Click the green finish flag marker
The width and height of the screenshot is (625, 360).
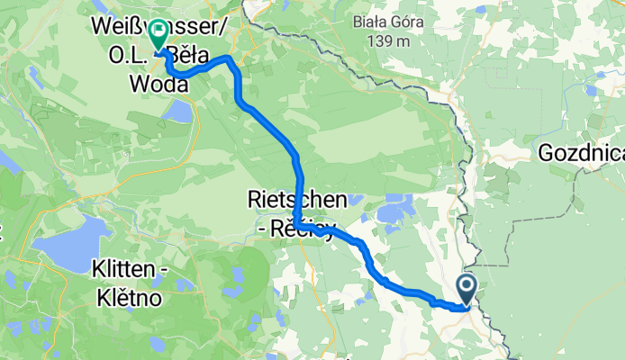click(159, 36)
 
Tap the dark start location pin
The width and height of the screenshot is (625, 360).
click(467, 288)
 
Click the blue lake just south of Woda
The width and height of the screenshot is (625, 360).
click(179, 112)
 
